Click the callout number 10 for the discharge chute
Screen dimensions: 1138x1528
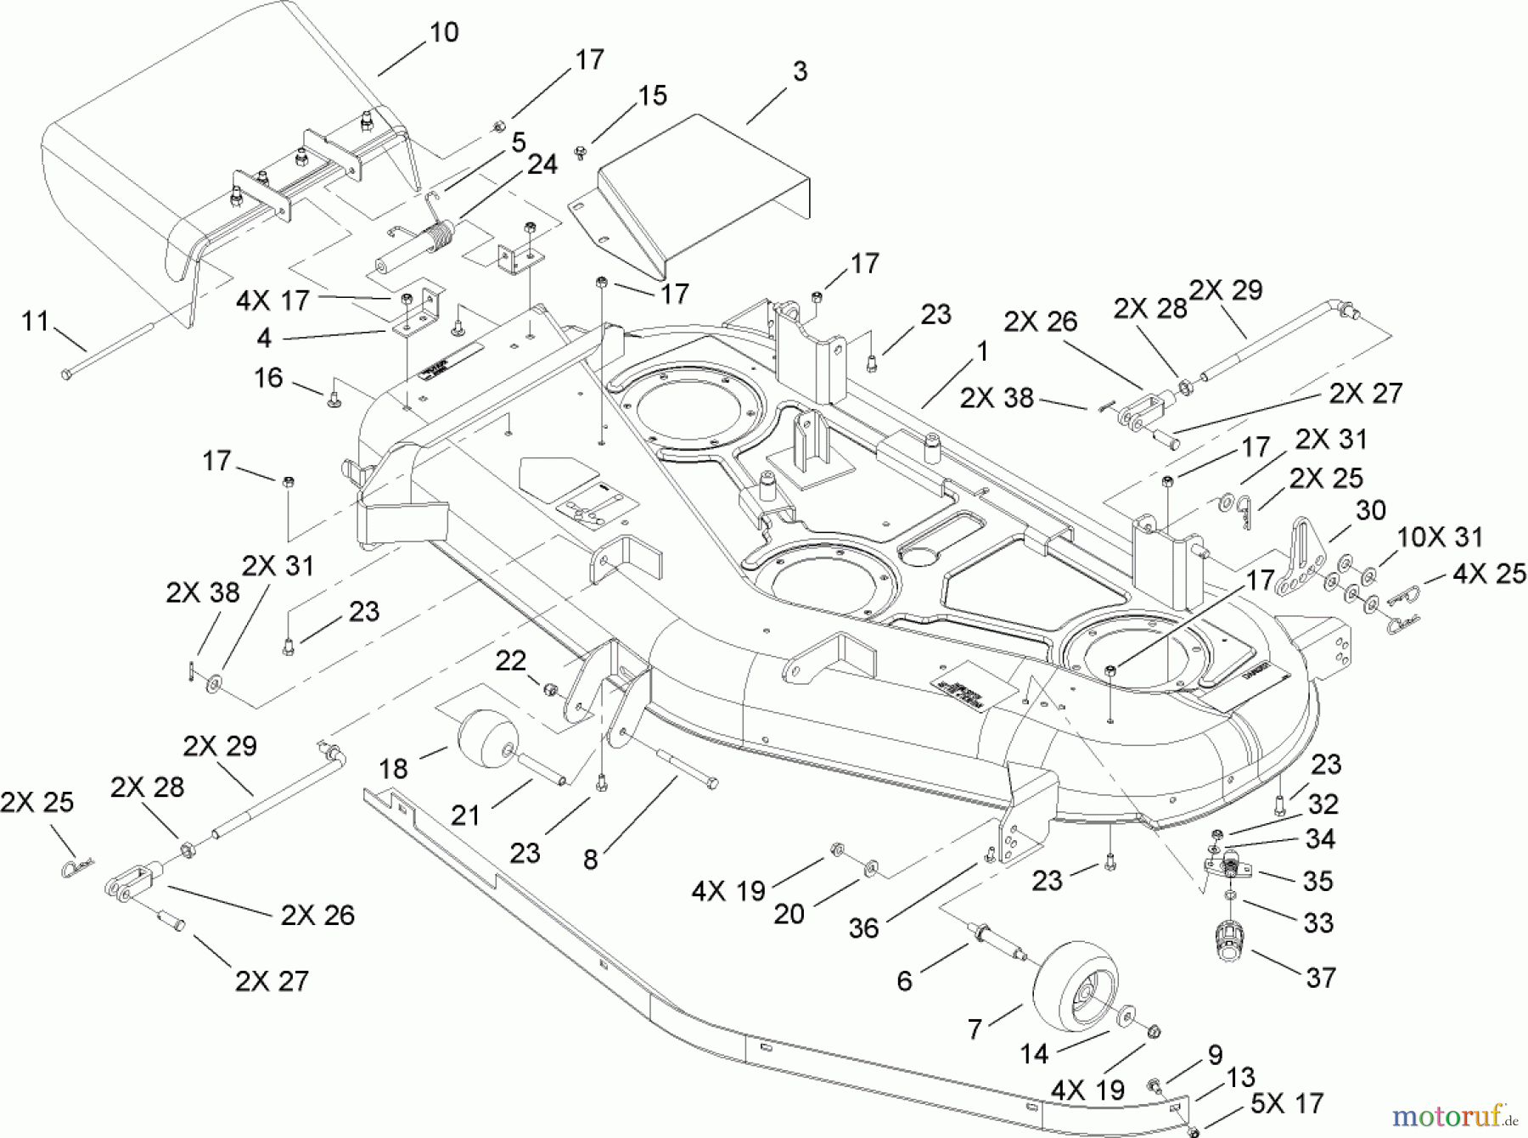444,32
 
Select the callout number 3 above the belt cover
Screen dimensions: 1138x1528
799,71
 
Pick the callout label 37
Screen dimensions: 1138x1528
1321,978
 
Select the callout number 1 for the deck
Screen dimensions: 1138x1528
982,351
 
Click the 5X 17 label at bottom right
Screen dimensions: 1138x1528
1286,1103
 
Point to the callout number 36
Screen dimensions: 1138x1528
863,928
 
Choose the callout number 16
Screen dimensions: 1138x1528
268,378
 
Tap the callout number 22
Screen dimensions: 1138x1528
510,660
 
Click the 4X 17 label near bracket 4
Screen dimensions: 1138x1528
272,300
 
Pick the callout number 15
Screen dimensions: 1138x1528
652,95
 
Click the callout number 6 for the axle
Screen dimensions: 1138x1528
904,981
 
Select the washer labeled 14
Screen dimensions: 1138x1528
1127,1017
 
